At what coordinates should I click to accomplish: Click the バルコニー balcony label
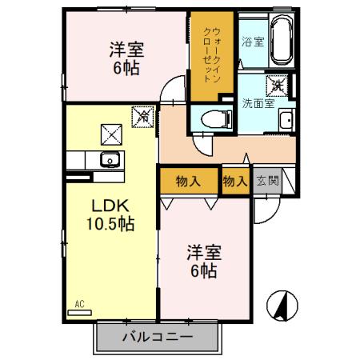tap(157, 337)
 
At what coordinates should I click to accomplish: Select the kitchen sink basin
tap(109, 159)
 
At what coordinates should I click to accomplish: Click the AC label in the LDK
tap(79, 304)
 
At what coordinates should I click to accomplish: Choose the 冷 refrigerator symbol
tap(144, 116)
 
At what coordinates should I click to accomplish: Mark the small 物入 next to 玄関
tap(234, 182)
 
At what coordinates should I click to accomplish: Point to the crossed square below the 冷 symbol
tap(109, 133)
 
